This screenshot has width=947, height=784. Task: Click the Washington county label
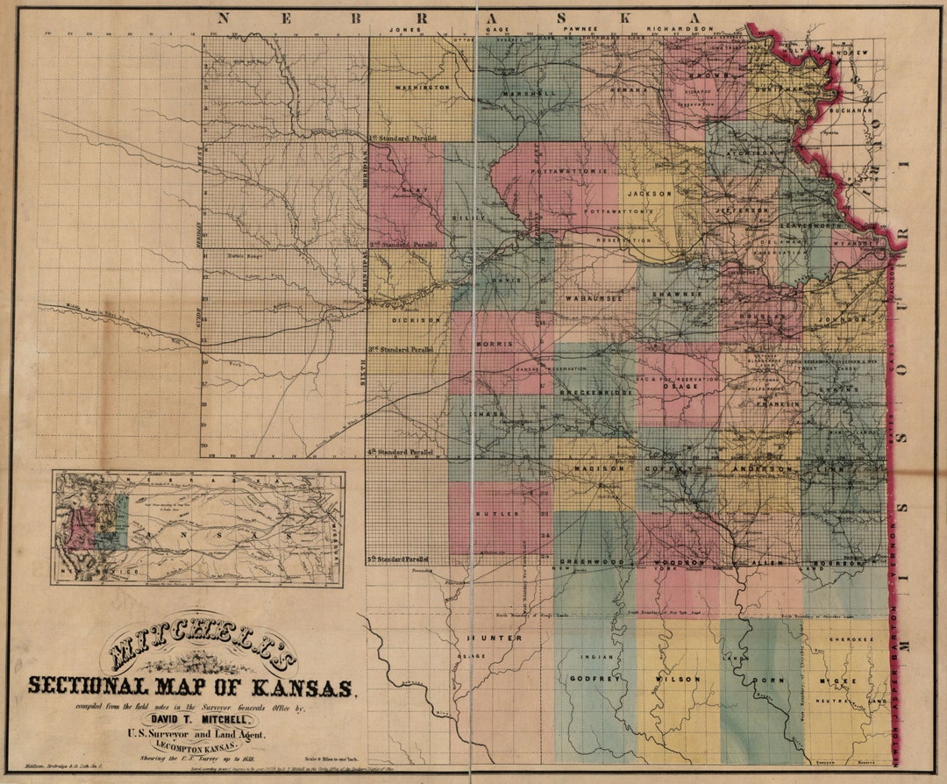click(422, 88)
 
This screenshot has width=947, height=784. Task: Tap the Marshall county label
click(530, 93)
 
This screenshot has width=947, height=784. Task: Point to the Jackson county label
click(649, 192)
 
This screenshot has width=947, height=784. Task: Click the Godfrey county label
click(583, 679)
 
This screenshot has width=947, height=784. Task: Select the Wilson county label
click(676, 679)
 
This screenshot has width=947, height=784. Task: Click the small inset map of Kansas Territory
click(198, 529)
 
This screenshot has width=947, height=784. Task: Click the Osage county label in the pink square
click(679, 386)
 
